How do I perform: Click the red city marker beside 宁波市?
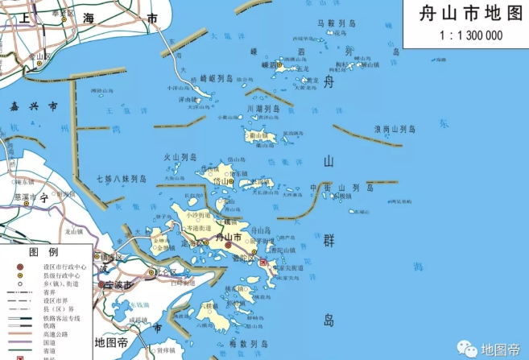click(x=102, y=285)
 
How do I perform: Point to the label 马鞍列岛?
click(x=337, y=25)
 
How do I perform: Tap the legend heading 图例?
click(x=40, y=252)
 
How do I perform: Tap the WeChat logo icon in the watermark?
click(x=467, y=349)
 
